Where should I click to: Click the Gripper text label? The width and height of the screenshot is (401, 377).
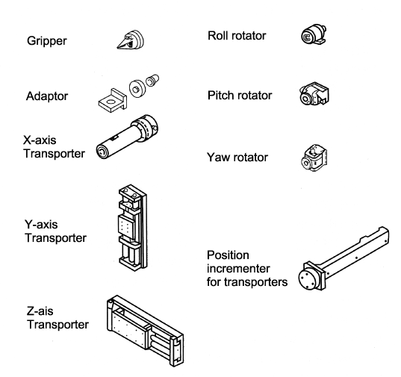point(47,41)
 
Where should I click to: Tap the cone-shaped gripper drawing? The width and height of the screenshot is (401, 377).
point(131,40)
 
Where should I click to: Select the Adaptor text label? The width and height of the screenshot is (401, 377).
point(47,96)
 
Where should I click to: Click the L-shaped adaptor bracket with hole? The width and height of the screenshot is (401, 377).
point(113,100)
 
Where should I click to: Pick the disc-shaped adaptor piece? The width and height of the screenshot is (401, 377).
point(137,88)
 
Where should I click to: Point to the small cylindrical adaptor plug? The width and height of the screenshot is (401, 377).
point(152,80)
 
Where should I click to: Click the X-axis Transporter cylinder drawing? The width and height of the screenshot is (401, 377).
point(127,137)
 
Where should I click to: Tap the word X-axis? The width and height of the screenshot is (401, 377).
point(40,140)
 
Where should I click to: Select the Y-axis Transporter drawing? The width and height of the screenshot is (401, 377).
point(133,227)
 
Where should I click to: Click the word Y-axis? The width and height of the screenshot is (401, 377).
point(41,225)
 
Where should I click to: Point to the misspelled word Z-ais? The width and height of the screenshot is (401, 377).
point(40,311)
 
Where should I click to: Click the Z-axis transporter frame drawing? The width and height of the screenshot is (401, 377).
point(145,331)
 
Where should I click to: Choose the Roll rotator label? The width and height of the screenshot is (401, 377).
point(237,36)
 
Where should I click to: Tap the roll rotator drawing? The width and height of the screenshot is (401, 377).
point(314,34)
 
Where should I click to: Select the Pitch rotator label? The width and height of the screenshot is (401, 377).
point(240,96)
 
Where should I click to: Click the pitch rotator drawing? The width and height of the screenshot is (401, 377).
point(314,93)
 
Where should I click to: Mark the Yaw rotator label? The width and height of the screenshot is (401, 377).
point(237,158)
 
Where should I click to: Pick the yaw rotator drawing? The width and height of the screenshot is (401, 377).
point(314,158)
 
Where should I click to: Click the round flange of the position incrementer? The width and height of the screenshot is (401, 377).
point(308,277)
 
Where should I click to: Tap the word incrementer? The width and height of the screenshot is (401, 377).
point(238,269)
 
